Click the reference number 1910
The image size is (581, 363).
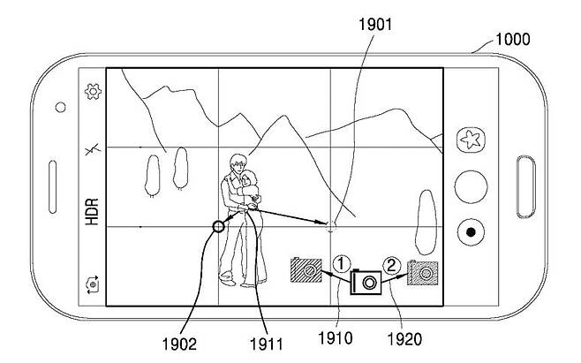pos(336,337)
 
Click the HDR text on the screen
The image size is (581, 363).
pos(91,212)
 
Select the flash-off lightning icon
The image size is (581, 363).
pos(90,150)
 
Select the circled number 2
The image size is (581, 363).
pos(394,261)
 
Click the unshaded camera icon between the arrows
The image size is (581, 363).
pos(366,281)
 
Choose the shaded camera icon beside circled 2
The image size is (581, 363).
pos(422,272)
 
